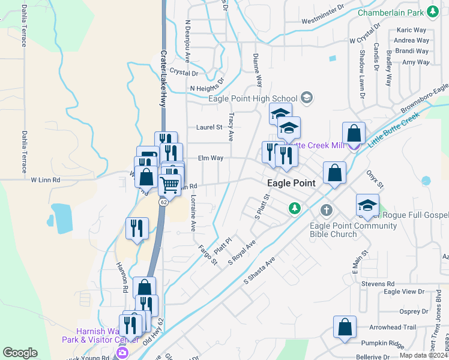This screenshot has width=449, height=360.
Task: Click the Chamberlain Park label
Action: pos(391,13)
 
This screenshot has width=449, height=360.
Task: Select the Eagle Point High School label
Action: pos(253,99)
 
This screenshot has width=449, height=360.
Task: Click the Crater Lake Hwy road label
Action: pos(163,78)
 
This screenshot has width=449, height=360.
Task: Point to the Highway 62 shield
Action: pos(163,202)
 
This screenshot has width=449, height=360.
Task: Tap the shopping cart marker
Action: pos(170,183)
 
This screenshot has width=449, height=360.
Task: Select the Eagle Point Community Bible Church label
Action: pos(353,230)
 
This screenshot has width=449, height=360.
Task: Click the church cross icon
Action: pos(326,211)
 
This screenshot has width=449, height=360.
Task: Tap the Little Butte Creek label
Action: pos(393,131)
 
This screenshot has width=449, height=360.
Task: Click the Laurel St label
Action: pos(209,127)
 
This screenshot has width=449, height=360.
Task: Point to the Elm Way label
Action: pos(210,158)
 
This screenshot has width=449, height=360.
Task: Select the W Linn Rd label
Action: pos(46,179)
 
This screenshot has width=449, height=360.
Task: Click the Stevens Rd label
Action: pos(382,283)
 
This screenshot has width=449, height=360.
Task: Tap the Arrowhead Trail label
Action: pos(393,327)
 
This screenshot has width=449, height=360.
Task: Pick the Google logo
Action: pos(20,353)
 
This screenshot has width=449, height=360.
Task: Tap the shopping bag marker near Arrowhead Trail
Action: pos(345,328)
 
